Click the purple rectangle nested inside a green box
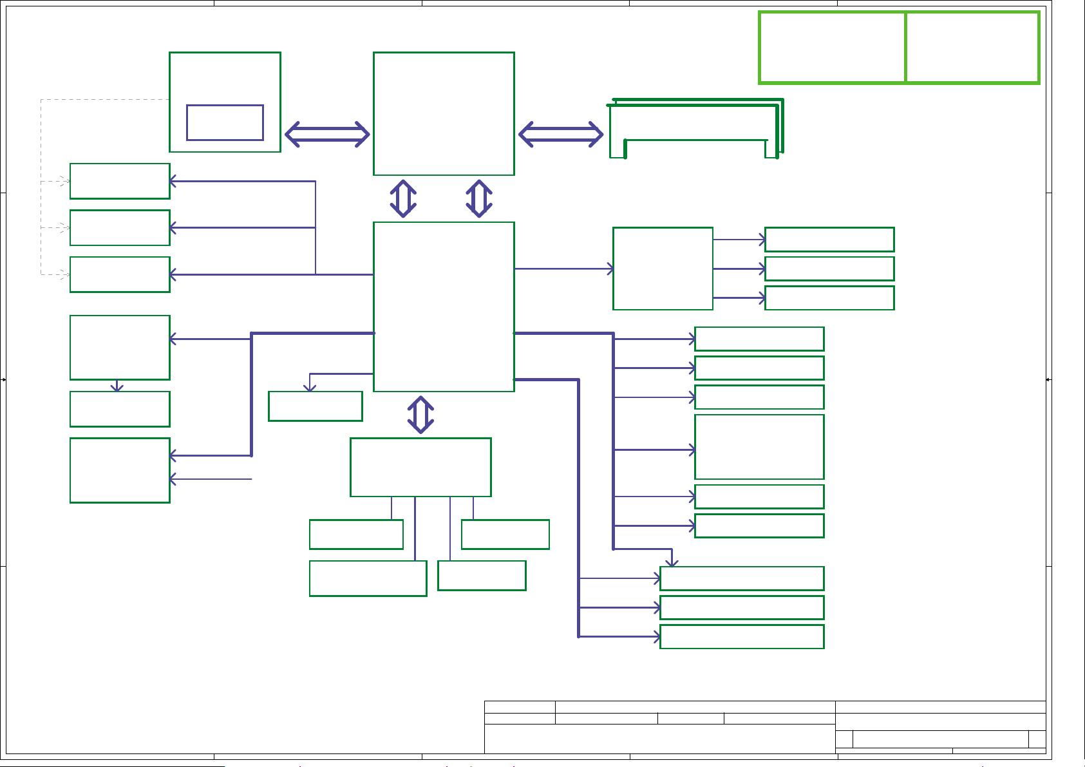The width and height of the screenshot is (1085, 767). (225, 122)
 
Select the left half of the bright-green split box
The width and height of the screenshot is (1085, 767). (832, 48)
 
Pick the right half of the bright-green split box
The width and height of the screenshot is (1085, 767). (972, 48)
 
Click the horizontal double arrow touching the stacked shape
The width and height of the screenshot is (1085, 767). (560, 134)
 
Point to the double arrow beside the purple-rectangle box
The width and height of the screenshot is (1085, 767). (327, 134)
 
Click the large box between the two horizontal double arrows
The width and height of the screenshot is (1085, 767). (444, 113)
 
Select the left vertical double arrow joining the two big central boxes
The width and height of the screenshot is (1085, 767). (403, 198)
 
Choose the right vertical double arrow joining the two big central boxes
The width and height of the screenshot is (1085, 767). (479, 198)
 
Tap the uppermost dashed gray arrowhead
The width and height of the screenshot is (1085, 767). (65, 182)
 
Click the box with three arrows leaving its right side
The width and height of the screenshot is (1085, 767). (663, 269)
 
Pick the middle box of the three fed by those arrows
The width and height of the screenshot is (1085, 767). (829, 269)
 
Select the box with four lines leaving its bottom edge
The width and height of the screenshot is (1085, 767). (420, 468)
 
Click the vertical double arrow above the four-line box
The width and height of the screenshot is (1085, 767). (420, 415)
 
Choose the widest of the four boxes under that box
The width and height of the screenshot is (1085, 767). (368, 578)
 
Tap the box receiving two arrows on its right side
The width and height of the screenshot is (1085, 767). (120, 470)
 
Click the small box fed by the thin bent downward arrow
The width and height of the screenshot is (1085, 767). (315, 406)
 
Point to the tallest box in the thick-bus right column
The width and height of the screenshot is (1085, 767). (759, 447)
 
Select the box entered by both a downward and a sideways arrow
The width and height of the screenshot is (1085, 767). (742, 578)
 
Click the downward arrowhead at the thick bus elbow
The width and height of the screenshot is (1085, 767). (672, 562)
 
